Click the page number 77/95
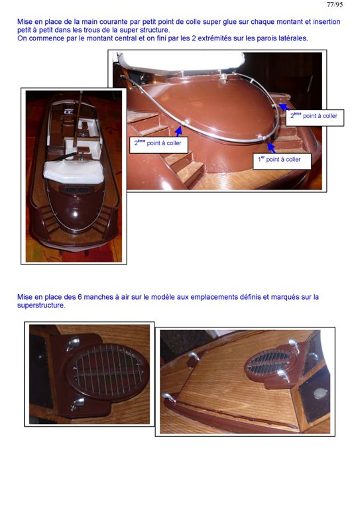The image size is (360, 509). [x=334, y=5]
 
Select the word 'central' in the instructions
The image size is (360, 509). [x=125, y=38]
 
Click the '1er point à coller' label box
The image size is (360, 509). [x=282, y=161]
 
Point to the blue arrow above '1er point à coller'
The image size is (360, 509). [x=271, y=148]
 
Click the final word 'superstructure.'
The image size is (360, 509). [x=41, y=306]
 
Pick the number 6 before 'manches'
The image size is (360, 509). [x=80, y=297]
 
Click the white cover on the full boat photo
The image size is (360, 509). [x=74, y=172]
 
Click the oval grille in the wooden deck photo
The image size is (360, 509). [x=269, y=362]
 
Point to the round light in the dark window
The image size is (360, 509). [x=320, y=393]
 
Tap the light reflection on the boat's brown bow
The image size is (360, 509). [x=75, y=214]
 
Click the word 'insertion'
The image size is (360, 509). [x=327, y=22]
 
